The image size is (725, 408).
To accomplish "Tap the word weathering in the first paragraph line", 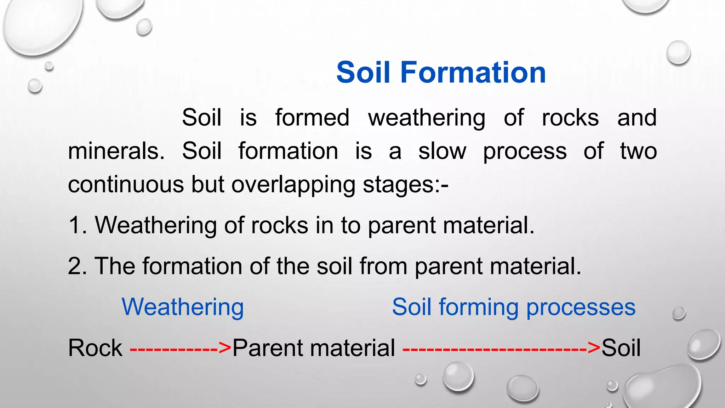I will (x=427, y=118).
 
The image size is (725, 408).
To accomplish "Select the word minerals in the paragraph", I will (x=116, y=151).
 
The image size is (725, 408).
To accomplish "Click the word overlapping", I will (x=293, y=185).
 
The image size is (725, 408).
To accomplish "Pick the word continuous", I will (x=126, y=185).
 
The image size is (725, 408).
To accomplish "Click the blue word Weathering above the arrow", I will (x=183, y=307).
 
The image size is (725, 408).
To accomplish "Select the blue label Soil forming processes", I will (x=514, y=307).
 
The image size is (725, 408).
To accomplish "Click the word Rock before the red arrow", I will (x=95, y=348).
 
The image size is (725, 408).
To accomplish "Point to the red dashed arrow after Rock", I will (x=181, y=348).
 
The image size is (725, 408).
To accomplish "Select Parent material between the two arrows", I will (x=314, y=348).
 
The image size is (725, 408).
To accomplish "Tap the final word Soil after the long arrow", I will (x=621, y=348).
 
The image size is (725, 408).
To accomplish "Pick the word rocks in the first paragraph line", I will (x=570, y=118).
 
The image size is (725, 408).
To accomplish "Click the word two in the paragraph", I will (x=638, y=151).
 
